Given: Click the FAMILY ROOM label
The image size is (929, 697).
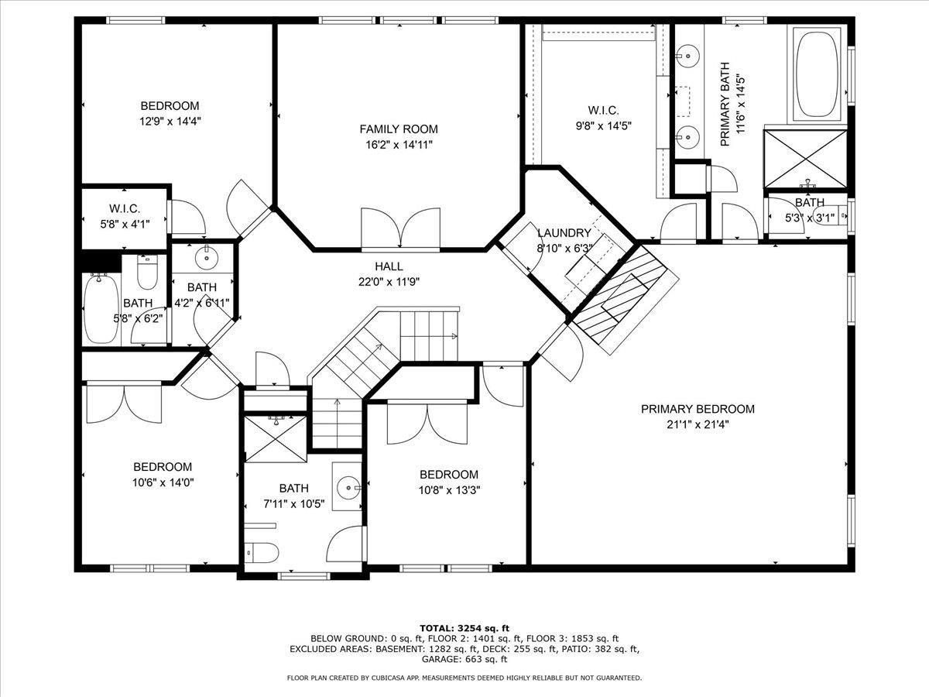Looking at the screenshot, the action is pos(399,129).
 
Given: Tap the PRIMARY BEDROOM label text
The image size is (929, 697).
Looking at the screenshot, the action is pos(698,409).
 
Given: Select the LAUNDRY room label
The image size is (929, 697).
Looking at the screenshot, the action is pos(564,233).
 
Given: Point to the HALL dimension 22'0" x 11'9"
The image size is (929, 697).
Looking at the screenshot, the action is pos(389,282).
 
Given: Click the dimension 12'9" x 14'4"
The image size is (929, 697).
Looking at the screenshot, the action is pos(170,122).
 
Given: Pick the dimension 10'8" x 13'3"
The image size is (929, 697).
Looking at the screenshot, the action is pos(449,490).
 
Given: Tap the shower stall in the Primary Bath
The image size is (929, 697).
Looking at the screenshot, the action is pos(805,159).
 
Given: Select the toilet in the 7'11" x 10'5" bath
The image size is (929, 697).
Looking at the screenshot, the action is pos(262,553).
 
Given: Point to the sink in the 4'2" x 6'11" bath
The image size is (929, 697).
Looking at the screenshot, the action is pos(207,257).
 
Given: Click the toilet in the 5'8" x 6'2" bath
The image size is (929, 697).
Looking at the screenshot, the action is pos(147,272).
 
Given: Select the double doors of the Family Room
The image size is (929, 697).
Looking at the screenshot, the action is pos(400,228).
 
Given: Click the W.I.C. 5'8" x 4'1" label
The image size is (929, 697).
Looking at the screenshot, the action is pos(125,216).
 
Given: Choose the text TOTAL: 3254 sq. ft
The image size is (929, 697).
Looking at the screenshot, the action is pos(464,628).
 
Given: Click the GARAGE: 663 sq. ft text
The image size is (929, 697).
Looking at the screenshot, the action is pos(464,659).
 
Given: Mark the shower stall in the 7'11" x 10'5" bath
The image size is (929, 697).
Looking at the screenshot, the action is pos(276,439).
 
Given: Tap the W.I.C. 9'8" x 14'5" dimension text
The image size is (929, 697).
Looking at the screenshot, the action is pos(604,125).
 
